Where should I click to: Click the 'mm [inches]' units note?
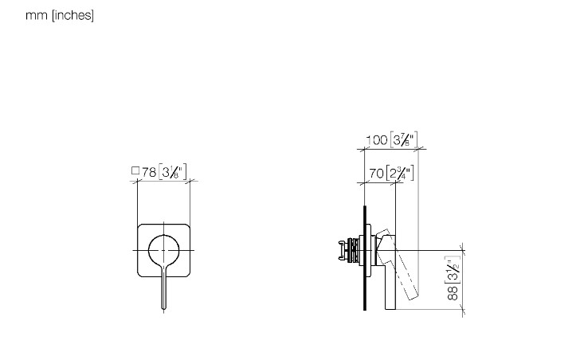coord(60,15)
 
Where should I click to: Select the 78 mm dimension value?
coord(149,172)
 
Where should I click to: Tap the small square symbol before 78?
coord(135,170)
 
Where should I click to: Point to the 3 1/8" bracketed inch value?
coord(173,172)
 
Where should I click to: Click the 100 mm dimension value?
coord(377,140)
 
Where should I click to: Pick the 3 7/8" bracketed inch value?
coord(404,139)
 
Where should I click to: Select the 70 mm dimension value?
coord(376,173)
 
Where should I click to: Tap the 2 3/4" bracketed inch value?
coord(400,173)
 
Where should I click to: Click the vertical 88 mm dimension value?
coord(453,292)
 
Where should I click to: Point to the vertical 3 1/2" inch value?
coord(453,269)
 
